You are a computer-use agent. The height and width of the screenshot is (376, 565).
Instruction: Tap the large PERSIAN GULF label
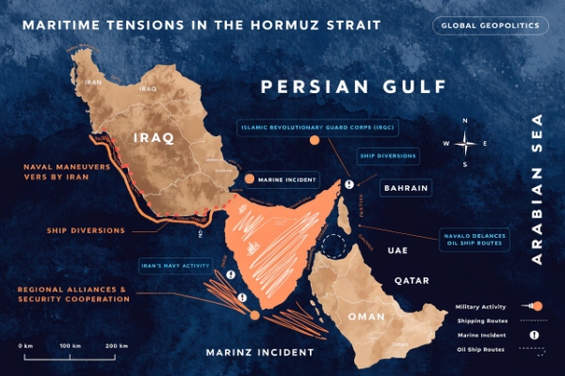point(352,87)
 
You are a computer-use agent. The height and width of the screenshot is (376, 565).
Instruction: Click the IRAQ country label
point(154,137)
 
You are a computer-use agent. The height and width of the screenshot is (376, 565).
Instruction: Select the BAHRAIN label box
point(406,188)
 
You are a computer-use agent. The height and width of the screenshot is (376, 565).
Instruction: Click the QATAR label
point(412,280)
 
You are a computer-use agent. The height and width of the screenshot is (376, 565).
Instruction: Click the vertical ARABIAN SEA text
point(538,188)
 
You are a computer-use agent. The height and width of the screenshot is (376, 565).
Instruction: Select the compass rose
point(465,143)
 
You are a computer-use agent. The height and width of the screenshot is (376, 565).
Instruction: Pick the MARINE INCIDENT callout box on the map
point(288,179)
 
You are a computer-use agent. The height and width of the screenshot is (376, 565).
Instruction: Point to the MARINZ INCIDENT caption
point(260,352)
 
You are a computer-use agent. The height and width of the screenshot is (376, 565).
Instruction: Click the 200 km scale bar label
point(116,347)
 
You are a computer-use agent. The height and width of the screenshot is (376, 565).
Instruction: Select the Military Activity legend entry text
point(480,306)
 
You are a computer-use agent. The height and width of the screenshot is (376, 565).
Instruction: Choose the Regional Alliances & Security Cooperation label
point(73,293)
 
